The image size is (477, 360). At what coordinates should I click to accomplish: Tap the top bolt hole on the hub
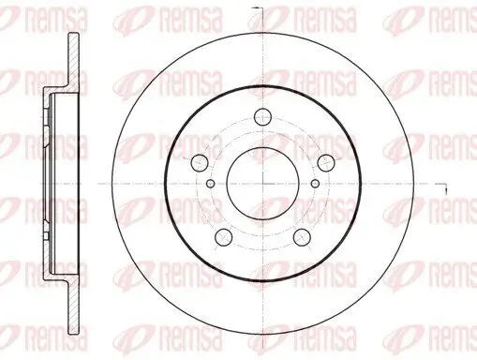click(262, 118)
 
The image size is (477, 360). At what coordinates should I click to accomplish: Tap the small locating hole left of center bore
click(210, 183)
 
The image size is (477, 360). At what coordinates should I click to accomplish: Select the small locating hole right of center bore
click(316, 183)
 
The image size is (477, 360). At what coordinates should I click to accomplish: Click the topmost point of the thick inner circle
click(262, 85)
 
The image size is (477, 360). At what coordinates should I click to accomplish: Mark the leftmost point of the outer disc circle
click(110, 182)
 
